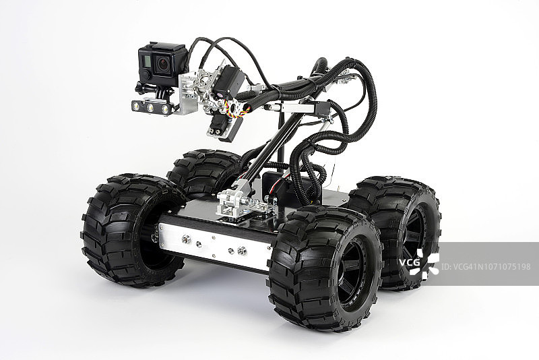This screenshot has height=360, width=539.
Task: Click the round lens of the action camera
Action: [163, 63]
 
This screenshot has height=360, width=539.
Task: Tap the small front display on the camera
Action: [146, 61]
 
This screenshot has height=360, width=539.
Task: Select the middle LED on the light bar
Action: [150, 107]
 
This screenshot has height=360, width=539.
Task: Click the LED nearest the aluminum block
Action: [165, 109]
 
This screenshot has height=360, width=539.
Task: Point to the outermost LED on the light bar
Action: [137, 106]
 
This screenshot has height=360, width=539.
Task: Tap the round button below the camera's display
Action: [146, 74]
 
